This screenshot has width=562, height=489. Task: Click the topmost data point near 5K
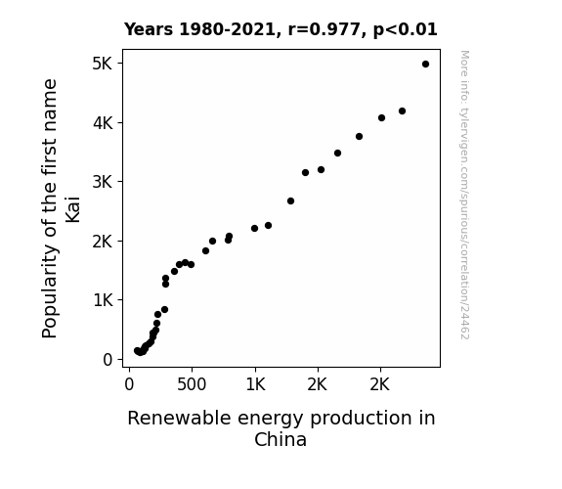[425, 65]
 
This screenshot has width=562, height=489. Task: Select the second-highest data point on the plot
[402, 111]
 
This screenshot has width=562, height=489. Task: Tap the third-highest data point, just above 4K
[381, 118]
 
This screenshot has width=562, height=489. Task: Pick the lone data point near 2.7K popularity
[290, 200]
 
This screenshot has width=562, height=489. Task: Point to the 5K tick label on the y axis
[103, 64]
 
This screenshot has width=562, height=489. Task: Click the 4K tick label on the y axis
[103, 123]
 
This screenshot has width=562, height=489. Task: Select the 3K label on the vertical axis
[103, 182]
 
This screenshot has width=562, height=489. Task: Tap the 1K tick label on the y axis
[104, 300]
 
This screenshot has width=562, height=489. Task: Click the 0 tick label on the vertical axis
[108, 360]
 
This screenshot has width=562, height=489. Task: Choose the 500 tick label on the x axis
[192, 385]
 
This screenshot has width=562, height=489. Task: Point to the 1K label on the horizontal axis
[255, 385]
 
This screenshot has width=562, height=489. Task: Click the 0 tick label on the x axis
[129, 385]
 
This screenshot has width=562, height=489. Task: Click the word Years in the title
[149, 29]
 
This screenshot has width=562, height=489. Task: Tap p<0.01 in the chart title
[406, 30]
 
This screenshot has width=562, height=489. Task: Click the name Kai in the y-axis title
[72, 209]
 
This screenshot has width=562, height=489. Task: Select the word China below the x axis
[281, 439]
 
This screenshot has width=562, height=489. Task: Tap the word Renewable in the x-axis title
[179, 419]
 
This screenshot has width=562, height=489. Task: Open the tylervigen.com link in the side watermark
[464, 195]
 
